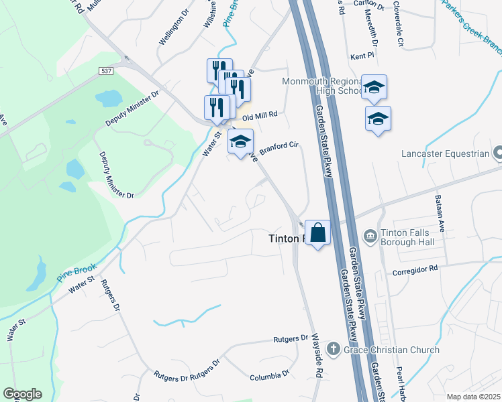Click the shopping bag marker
pyautogui.click(x=318, y=233)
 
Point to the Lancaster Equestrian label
pyautogui.click(x=445, y=153)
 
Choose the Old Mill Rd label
pyautogui.click(x=260, y=115)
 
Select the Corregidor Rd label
pyautogui.click(x=415, y=268)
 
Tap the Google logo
pyautogui.click(x=22, y=394)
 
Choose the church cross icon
pyautogui.click(x=333, y=349)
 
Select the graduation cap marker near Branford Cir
pyautogui.click(x=240, y=141)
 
